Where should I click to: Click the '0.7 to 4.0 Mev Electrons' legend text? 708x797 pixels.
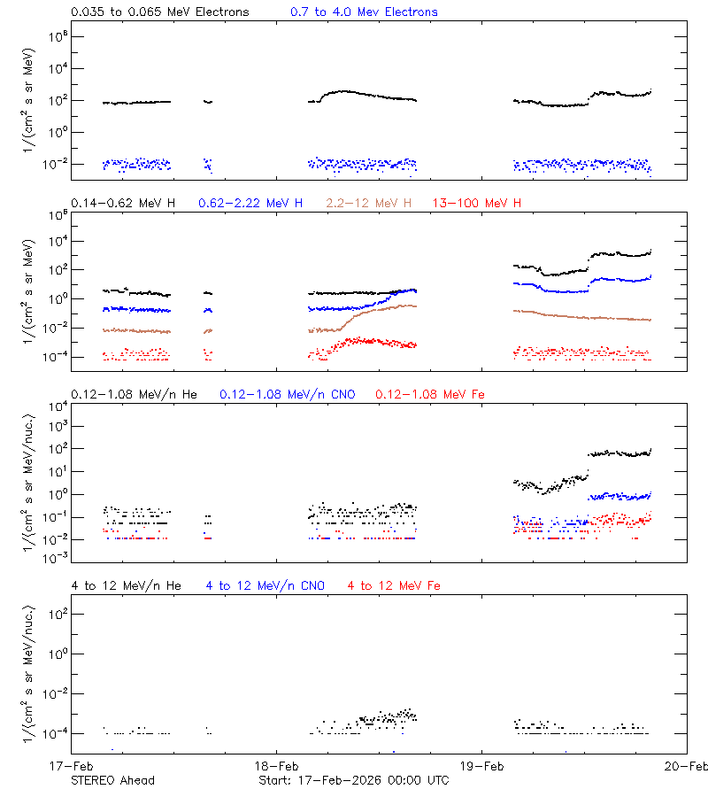(x=364, y=12)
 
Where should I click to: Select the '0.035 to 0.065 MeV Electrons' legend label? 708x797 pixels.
(x=160, y=12)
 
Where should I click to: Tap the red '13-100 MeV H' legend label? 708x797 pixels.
(x=476, y=204)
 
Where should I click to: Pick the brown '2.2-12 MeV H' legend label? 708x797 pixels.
(x=369, y=204)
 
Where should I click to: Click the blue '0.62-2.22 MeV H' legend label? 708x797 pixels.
(x=250, y=204)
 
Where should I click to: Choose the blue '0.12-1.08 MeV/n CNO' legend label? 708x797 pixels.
(x=287, y=394)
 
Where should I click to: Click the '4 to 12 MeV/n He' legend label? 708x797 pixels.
(x=126, y=585)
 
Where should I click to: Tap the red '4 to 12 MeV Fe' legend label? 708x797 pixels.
(x=394, y=585)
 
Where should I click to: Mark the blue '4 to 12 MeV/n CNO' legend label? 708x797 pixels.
(x=265, y=585)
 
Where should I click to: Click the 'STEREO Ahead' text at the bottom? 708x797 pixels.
(x=112, y=780)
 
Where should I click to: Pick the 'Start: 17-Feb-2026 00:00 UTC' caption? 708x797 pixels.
(x=353, y=780)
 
